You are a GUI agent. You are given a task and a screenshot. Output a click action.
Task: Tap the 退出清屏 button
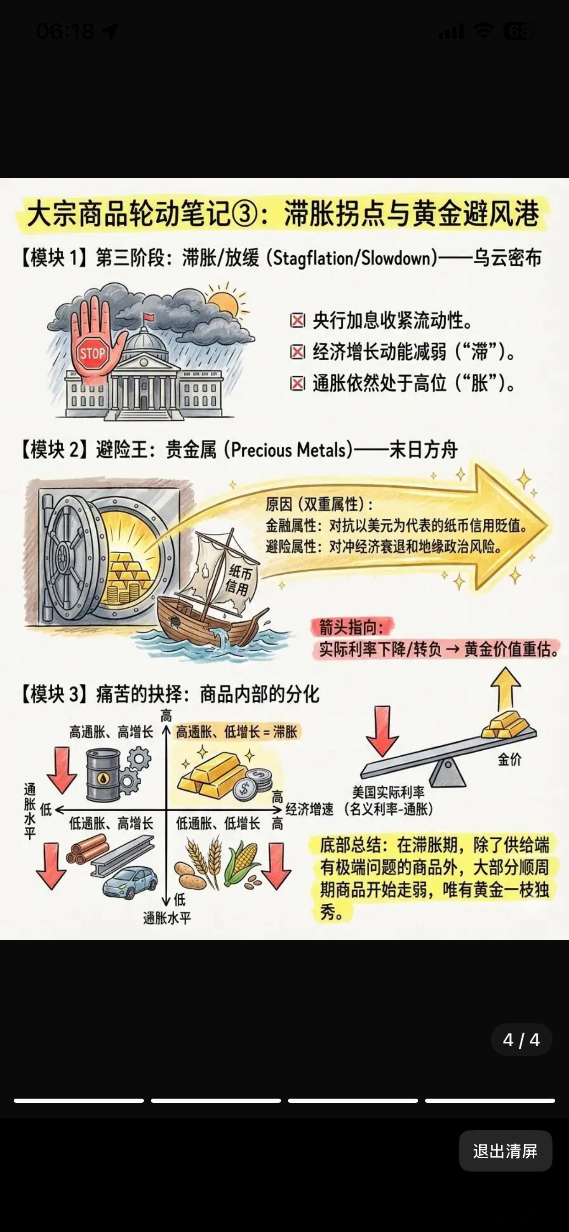coord(505,1151)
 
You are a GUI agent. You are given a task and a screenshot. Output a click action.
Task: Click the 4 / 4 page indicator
coord(521,1040)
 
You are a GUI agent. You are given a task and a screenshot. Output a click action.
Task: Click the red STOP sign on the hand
coord(92,353)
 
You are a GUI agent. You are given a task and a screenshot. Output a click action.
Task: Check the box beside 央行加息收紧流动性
coord(297,320)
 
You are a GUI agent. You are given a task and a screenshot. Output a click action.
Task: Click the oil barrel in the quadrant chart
coord(103,775)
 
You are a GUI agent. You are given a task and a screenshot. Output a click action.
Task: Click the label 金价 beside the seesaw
coord(510,759)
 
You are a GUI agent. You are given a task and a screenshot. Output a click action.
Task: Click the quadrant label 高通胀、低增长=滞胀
coord(237,732)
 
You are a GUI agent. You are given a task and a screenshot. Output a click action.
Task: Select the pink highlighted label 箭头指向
coord(351,627)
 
